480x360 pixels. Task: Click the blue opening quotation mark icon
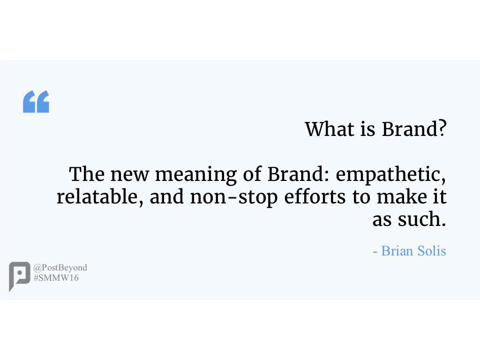tap(36, 102)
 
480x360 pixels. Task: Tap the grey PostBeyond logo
tap(19, 276)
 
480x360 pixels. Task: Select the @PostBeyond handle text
tap(60, 268)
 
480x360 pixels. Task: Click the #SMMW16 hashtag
tap(56, 278)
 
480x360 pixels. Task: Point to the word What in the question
tap(329, 129)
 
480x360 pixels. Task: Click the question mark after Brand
tap(442, 129)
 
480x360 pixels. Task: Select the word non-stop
tap(234, 198)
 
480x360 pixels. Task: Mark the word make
tap(402, 196)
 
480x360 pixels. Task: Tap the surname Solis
tap(432, 251)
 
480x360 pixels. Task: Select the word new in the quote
tap(130, 175)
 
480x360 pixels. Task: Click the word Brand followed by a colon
tap(299, 174)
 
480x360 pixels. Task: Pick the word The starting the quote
tap(87, 174)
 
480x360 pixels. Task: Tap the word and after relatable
tap(166, 196)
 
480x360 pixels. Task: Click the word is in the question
tap(367, 129)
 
